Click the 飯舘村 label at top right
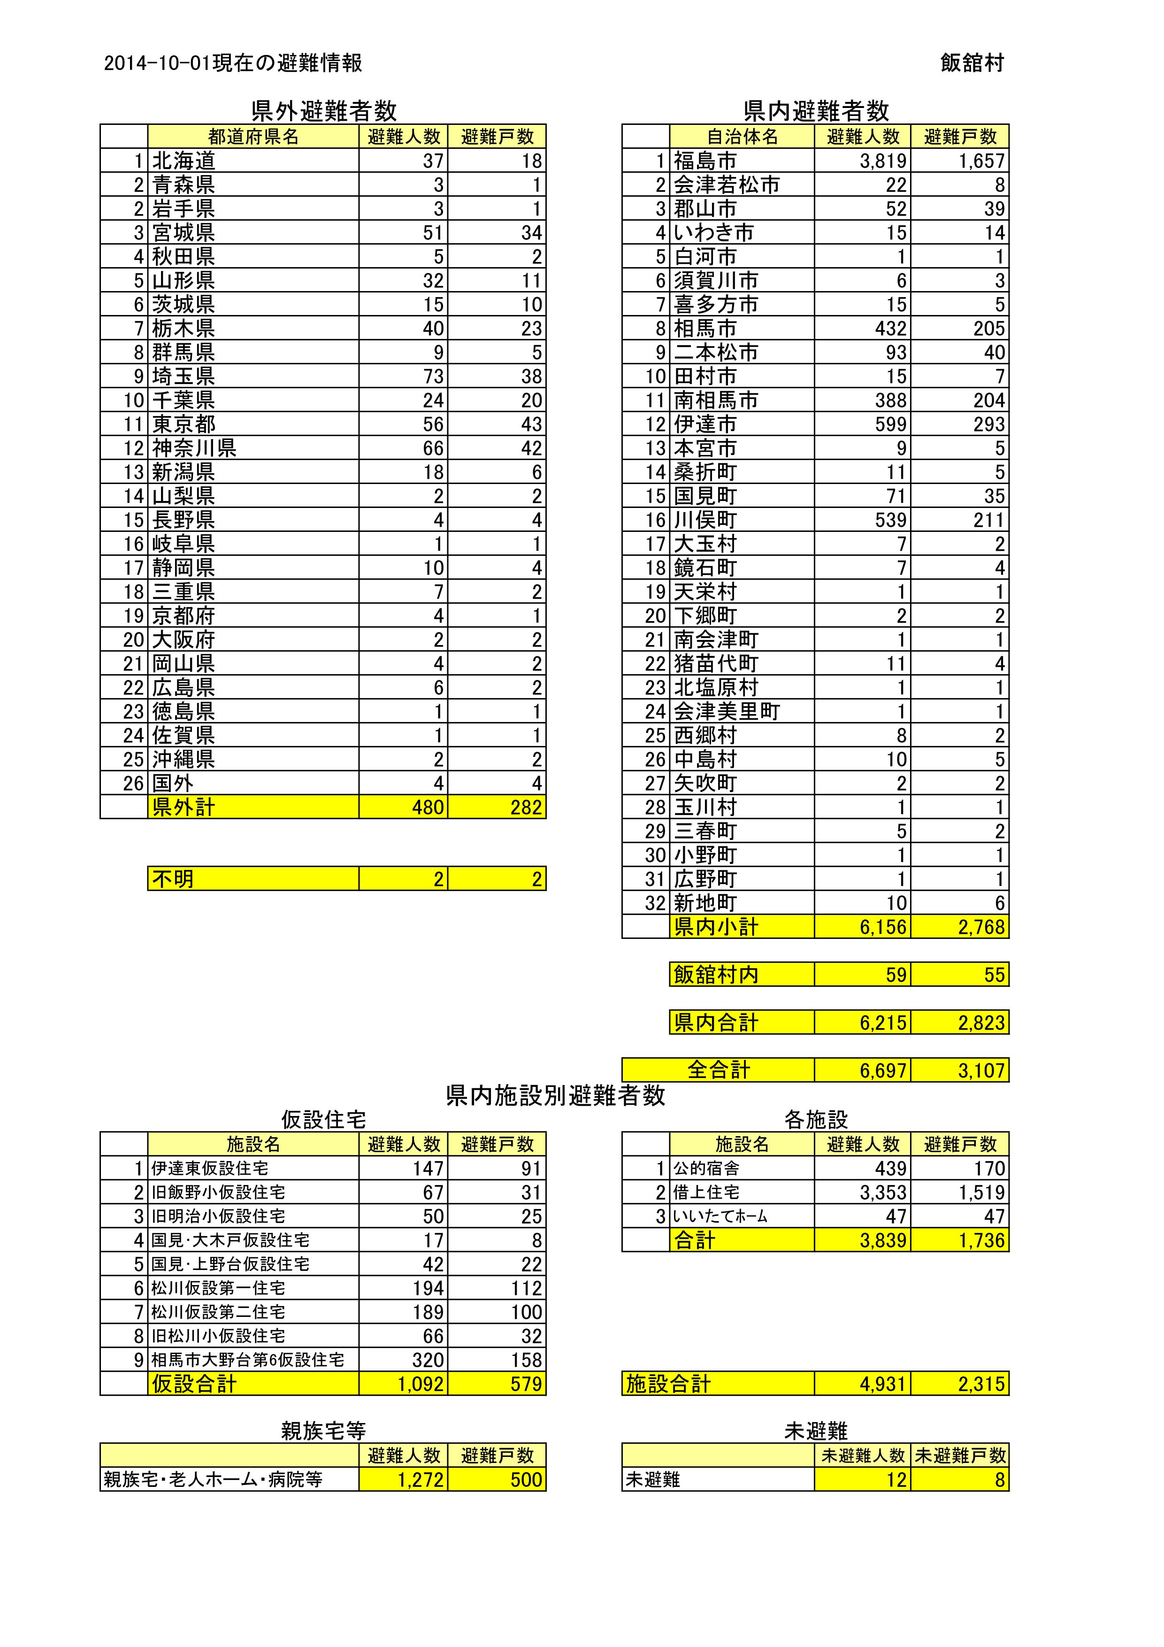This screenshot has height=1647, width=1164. pyautogui.click(x=972, y=63)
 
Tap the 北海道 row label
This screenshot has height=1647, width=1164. pyautogui.click(x=184, y=161)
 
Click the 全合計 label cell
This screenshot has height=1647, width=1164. pyautogui.click(x=718, y=1070)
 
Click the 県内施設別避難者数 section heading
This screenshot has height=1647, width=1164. pyautogui.click(x=555, y=1095)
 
